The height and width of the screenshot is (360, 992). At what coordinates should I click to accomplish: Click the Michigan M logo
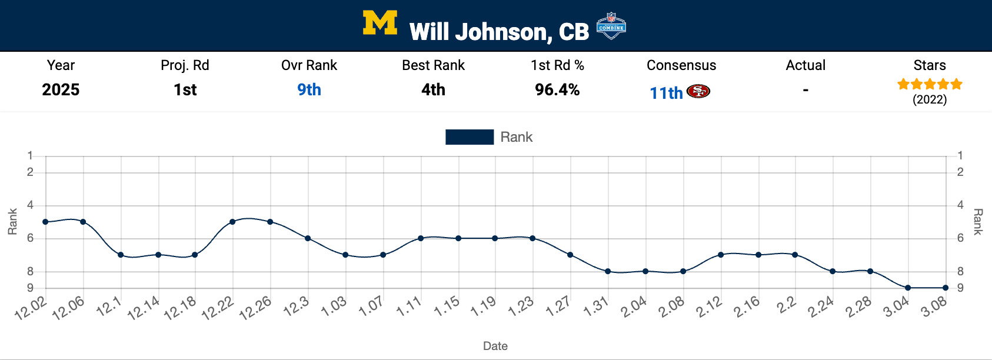pyautogui.click(x=380, y=24)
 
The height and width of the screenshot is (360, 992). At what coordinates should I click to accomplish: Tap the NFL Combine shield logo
pyautogui.click(x=611, y=26)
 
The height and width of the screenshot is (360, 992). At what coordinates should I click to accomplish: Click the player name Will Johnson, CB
pyautogui.click(x=499, y=32)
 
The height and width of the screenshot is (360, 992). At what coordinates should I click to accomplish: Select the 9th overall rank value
pyautogui.click(x=309, y=89)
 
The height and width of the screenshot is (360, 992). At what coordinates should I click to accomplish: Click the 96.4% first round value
pyautogui.click(x=557, y=89)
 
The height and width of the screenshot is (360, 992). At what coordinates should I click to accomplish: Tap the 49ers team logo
pyautogui.click(x=698, y=92)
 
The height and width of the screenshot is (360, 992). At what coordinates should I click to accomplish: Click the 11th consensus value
pyautogui.click(x=666, y=93)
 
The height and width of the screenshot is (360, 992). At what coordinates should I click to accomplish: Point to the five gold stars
pyautogui.click(x=930, y=84)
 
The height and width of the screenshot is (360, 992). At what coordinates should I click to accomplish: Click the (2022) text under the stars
pyautogui.click(x=930, y=99)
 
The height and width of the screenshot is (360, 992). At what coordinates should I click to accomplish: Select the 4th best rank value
pyautogui.click(x=433, y=89)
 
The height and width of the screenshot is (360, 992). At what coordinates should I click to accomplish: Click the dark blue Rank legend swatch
pyautogui.click(x=470, y=137)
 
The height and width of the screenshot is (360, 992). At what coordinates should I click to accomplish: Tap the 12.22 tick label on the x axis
pyautogui.click(x=218, y=308)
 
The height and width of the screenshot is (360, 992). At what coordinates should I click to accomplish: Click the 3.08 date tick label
pyautogui.click(x=934, y=307)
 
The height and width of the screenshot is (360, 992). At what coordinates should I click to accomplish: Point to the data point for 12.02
pyautogui.click(x=45, y=222)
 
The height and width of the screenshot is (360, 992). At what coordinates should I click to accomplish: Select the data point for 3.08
pyautogui.click(x=946, y=288)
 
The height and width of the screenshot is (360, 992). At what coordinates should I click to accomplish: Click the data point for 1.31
pyautogui.click(x=608, y=271)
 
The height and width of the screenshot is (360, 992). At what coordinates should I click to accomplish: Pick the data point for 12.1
pyautogui.click(x=121, y=255)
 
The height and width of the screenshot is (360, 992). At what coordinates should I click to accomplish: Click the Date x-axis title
pyautogui.click(x=495, y=346)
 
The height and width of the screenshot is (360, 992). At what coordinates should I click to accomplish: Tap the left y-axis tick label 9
pyautogui.click(x=30, y=288)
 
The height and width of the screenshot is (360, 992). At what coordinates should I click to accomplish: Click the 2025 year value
pyautogui.click(x=61, y=89)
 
